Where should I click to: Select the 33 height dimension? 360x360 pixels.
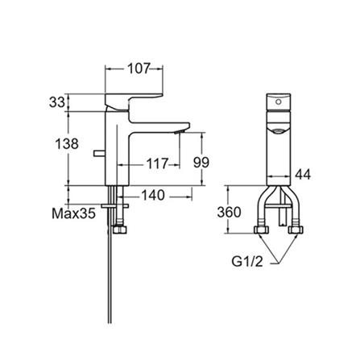pos(56,104)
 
